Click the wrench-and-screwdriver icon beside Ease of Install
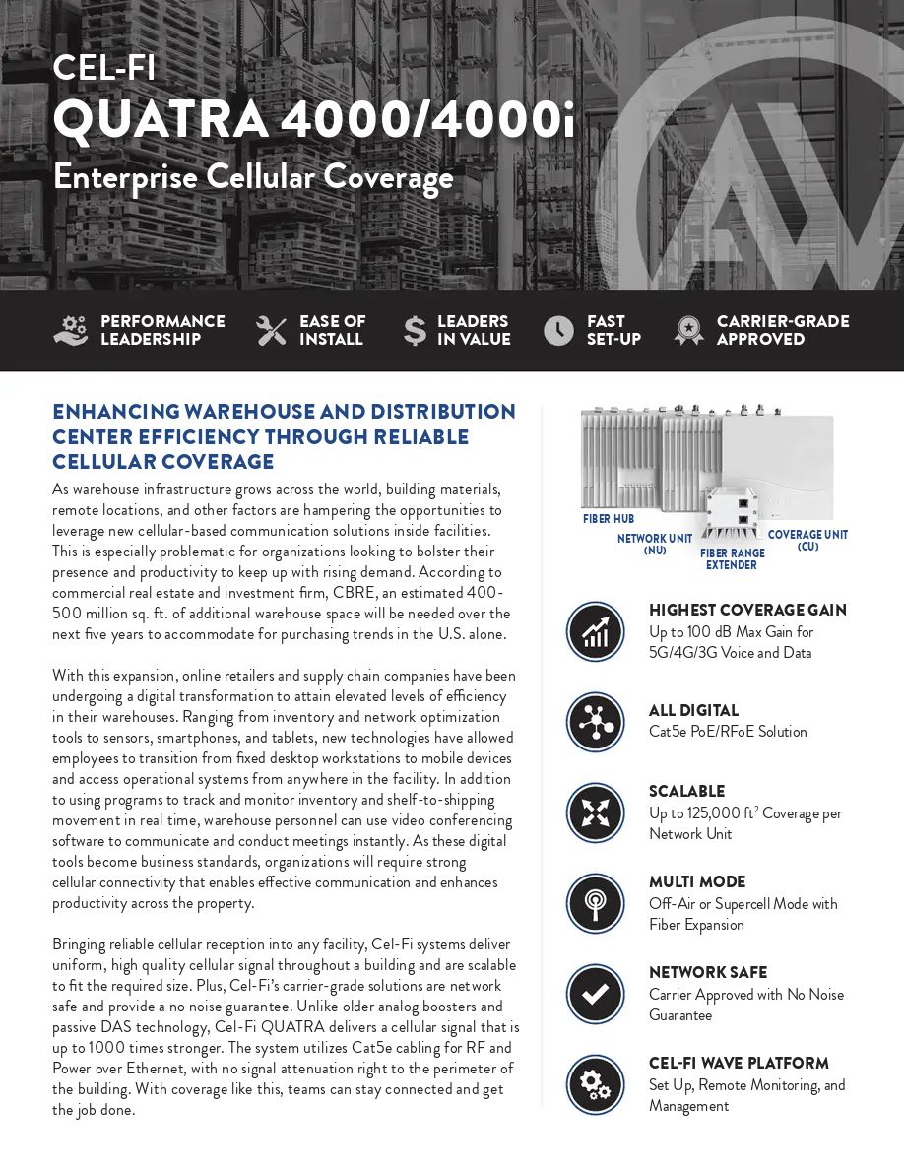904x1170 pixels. click(271, 331)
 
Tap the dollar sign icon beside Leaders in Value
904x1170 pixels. click(415, 331)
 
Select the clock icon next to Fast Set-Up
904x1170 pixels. click(558, 331)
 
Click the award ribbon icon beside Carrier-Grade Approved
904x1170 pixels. click(688, 331)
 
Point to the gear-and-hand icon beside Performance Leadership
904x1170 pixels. click(71, 331)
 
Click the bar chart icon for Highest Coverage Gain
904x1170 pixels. click(596, 631)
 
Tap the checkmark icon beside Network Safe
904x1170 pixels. click(596, 994)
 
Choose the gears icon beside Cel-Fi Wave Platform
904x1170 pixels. click(596, 1084)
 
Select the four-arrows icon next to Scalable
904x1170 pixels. click(596, 812)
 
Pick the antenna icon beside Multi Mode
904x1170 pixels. click(596, 903)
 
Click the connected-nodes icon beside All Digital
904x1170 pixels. click(596, 722)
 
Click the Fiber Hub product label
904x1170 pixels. click(609, 519)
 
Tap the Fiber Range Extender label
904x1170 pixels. click(732, 559)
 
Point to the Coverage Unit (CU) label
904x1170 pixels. click(807, 541)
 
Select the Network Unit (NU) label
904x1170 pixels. click(655, 545)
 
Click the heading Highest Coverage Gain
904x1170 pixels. click(747, 611)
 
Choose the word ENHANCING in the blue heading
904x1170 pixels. click(116, 412)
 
